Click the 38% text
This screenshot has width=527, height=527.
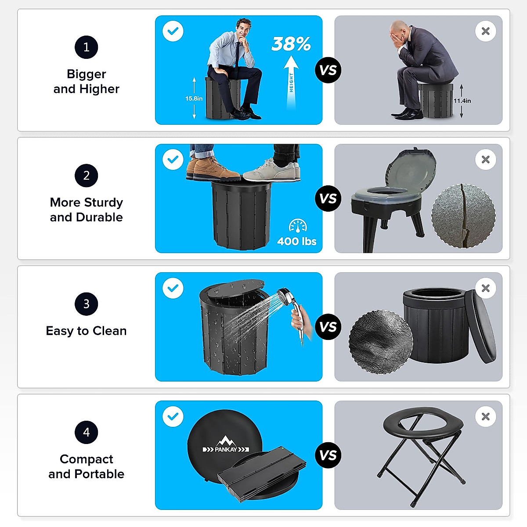[x=291, y=43]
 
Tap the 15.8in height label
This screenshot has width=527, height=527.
[x=194, y=98]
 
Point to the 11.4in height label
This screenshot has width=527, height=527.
[x=462, y=101]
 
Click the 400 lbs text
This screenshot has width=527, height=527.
[x=296, y=241]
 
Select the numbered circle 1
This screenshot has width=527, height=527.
[x=86, y=47]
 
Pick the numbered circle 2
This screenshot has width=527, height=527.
[x=86, y=175]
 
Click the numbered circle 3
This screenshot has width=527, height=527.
[x=86, y=303]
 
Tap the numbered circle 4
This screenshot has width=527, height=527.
[x=86, y=432]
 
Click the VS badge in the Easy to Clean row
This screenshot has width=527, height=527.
[x=328, y=327]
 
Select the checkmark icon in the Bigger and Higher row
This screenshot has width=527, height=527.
[x=173, y=31]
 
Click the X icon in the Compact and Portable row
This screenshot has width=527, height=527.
[x=485, y=416]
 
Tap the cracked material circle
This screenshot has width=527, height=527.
[x=463, y=216]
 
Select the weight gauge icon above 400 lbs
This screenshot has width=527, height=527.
[x=298, y=226]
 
